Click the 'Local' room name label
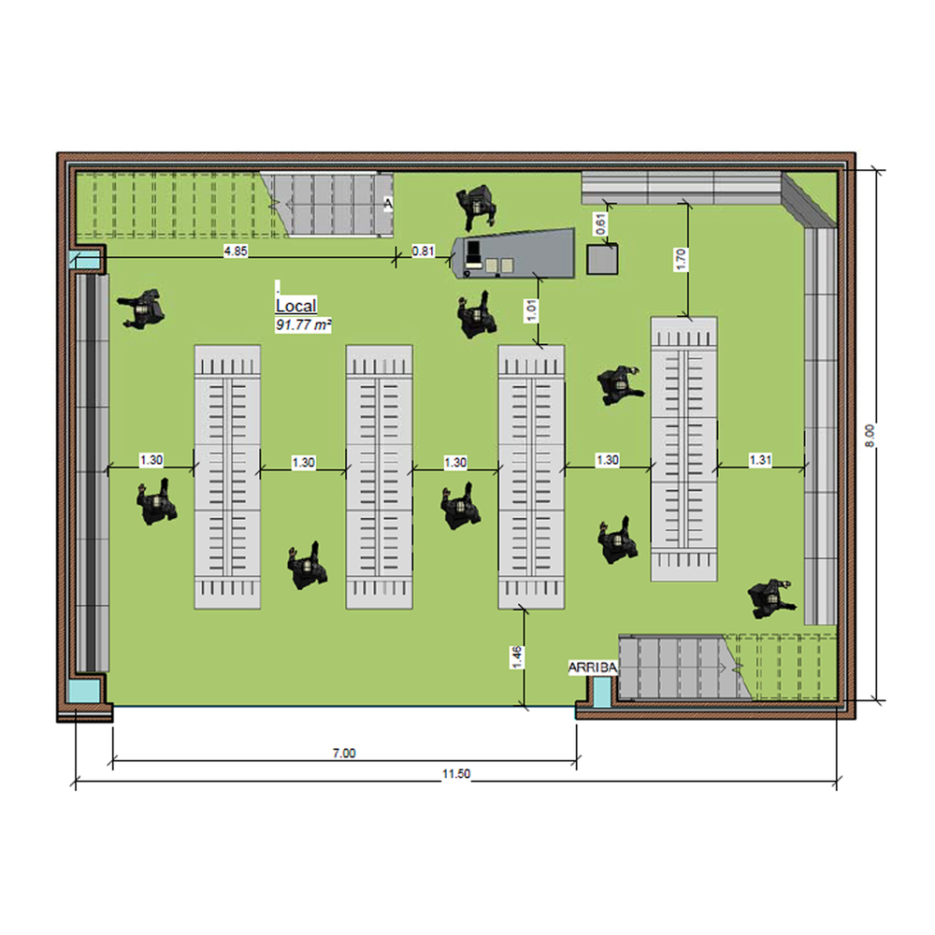295,306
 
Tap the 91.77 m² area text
304,325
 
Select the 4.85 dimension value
236,251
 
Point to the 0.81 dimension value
424,251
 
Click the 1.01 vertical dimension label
531,310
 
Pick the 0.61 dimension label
601,223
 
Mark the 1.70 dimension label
681,259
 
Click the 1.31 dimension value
760,460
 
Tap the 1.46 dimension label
517,656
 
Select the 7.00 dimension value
344,753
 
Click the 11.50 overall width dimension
456,773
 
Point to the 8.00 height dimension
870,436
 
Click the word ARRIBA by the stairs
593,668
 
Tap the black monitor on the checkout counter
474,250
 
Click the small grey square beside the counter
602,259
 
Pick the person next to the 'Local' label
142,309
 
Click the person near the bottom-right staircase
771,597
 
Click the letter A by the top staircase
388,204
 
